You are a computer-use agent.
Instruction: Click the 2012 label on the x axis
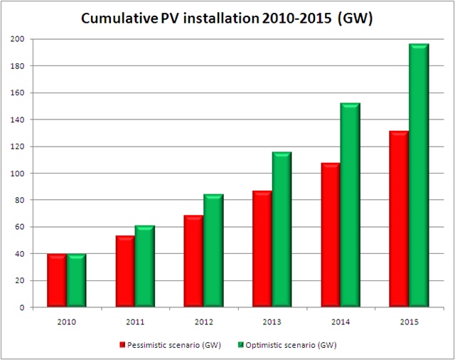pos(203,322)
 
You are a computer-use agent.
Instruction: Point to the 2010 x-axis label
pos(67,322)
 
